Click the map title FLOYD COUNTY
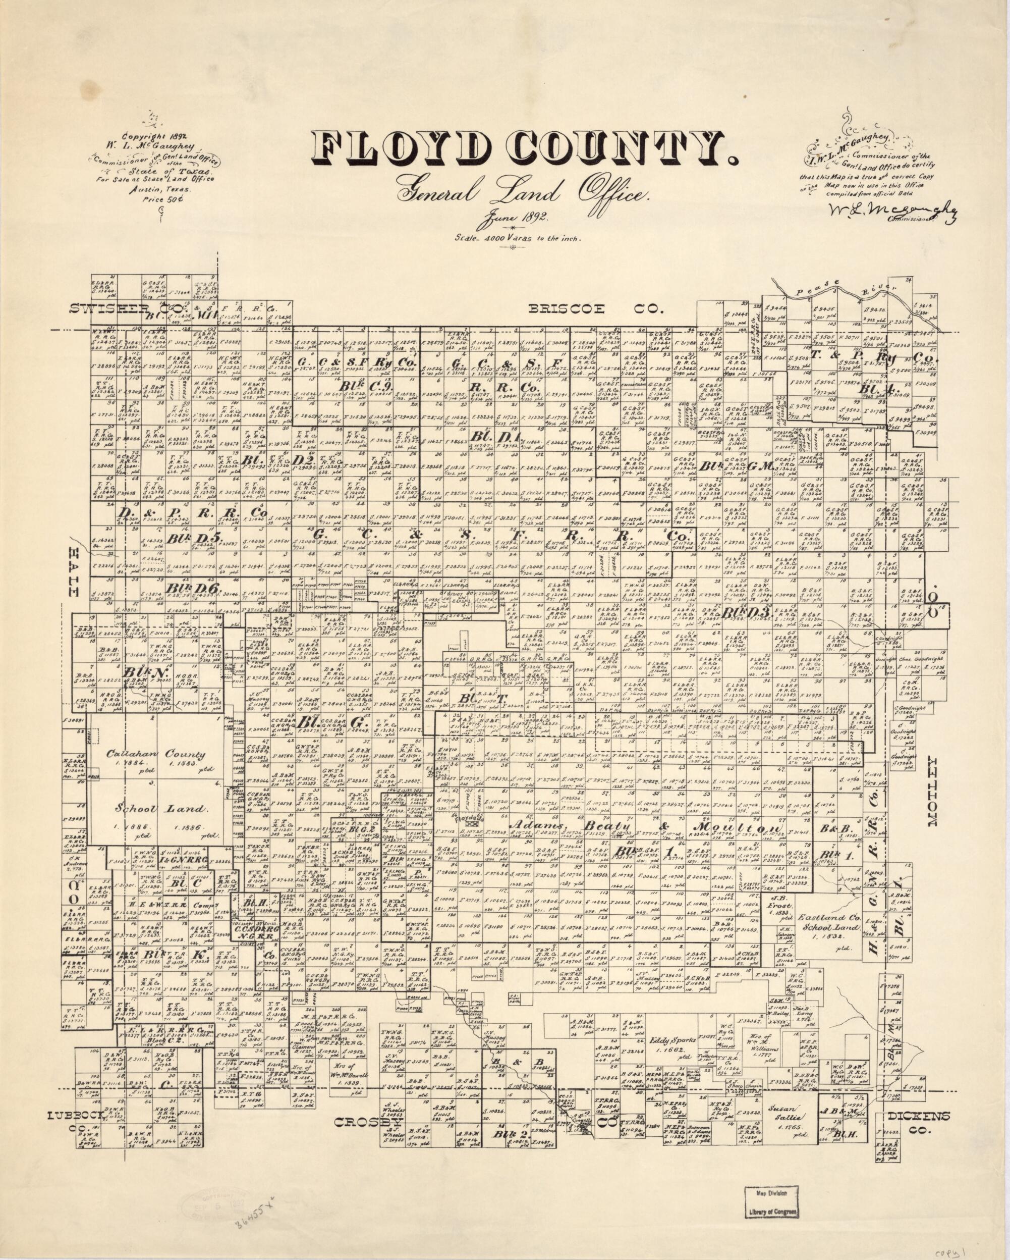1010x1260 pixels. point(524,151)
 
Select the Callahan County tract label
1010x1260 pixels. point(155,754)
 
